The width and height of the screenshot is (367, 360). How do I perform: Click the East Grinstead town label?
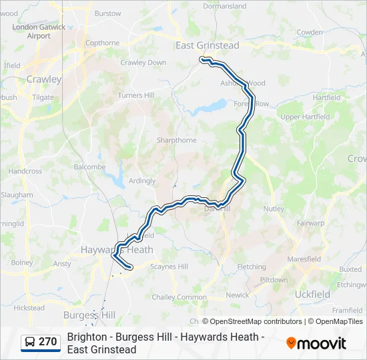[207, 45]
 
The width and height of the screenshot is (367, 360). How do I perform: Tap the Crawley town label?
[44, 79]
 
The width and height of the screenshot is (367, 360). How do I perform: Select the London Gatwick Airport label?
[39, 31]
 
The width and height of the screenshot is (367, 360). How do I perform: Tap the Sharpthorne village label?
[177, 140]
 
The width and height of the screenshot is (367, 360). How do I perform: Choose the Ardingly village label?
[142, 181]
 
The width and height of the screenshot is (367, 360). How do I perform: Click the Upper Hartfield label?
[305, 117]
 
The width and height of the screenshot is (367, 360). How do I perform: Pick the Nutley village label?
[274, 209]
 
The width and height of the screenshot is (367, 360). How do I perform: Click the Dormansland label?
[225, 6]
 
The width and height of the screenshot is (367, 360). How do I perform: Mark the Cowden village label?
[310, 32]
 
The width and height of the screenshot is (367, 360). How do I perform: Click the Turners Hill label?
[136, 95]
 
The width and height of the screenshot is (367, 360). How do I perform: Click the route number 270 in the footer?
[47, 342]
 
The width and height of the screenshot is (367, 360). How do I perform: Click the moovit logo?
[316, 343]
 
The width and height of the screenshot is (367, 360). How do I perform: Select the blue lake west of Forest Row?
[212, 105]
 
